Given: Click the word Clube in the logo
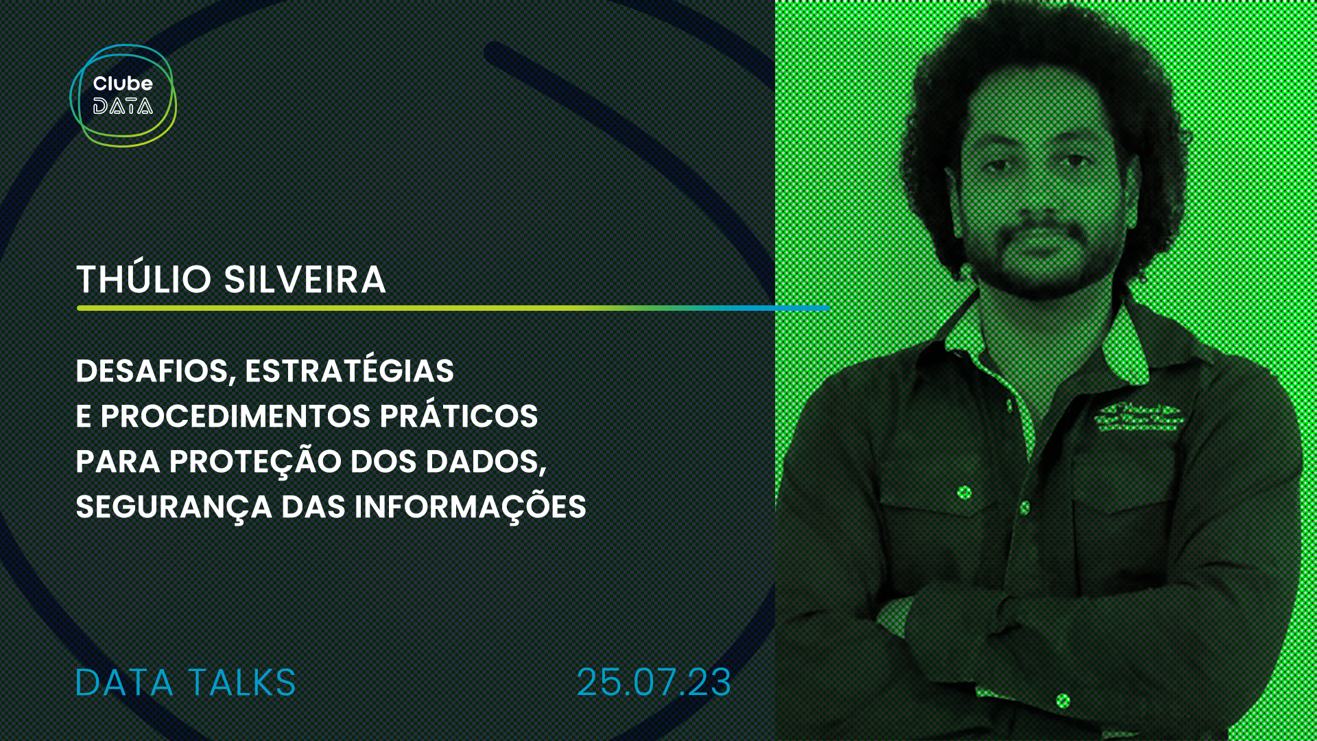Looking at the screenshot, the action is pos(123,84).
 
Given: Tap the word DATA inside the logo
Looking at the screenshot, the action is pos(123,106).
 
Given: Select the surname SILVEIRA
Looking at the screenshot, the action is pos(305,279).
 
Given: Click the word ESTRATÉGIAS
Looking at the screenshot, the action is pos(350,369).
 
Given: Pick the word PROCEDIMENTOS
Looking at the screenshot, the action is pos(236,416).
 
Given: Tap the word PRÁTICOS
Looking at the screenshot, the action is pos(459,414).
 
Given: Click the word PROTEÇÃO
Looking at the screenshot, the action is pos(255,461).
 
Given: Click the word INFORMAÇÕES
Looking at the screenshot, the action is pos(471,505).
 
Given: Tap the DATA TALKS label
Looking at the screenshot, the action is pos(185,683).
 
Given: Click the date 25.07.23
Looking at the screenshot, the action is pos(654,683).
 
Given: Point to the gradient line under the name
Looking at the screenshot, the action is pos(453,308).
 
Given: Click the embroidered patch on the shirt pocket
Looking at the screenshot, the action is pos(1139,418).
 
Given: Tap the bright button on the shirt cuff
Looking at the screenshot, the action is pos(1063,701).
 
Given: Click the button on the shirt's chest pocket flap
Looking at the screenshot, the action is pos(964,492).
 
